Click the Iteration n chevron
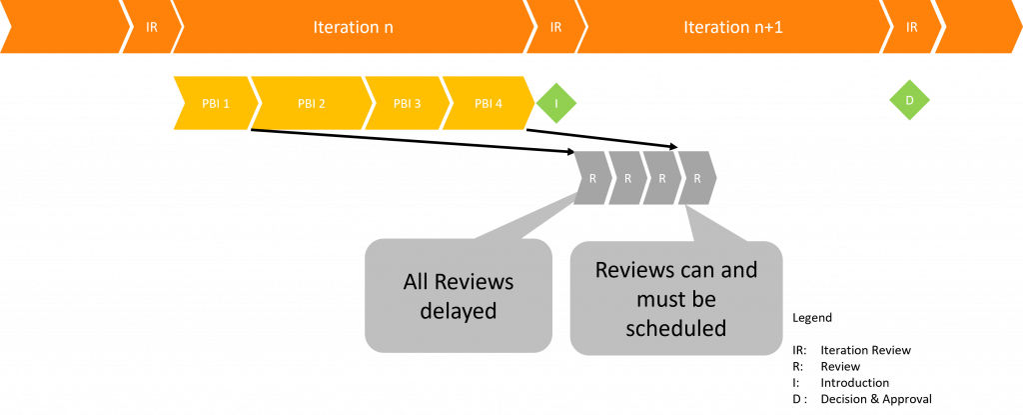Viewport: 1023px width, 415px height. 353,27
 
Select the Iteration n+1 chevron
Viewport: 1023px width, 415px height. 732,27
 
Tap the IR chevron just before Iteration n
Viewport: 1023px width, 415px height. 152,27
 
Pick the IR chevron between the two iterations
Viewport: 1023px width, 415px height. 555,27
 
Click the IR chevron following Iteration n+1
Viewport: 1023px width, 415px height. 911,27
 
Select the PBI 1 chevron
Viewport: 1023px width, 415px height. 214,103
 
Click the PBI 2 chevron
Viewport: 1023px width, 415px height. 311,103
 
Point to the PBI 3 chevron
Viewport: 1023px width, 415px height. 407,103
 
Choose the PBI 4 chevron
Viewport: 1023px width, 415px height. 489,103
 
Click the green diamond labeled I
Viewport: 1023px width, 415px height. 556,103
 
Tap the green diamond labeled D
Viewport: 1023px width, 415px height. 909,100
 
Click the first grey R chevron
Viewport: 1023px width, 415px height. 592,178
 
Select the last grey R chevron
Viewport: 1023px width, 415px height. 697,178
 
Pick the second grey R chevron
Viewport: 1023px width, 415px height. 627,178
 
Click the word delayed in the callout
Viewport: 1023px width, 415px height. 459,311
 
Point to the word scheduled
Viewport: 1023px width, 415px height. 676,328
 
